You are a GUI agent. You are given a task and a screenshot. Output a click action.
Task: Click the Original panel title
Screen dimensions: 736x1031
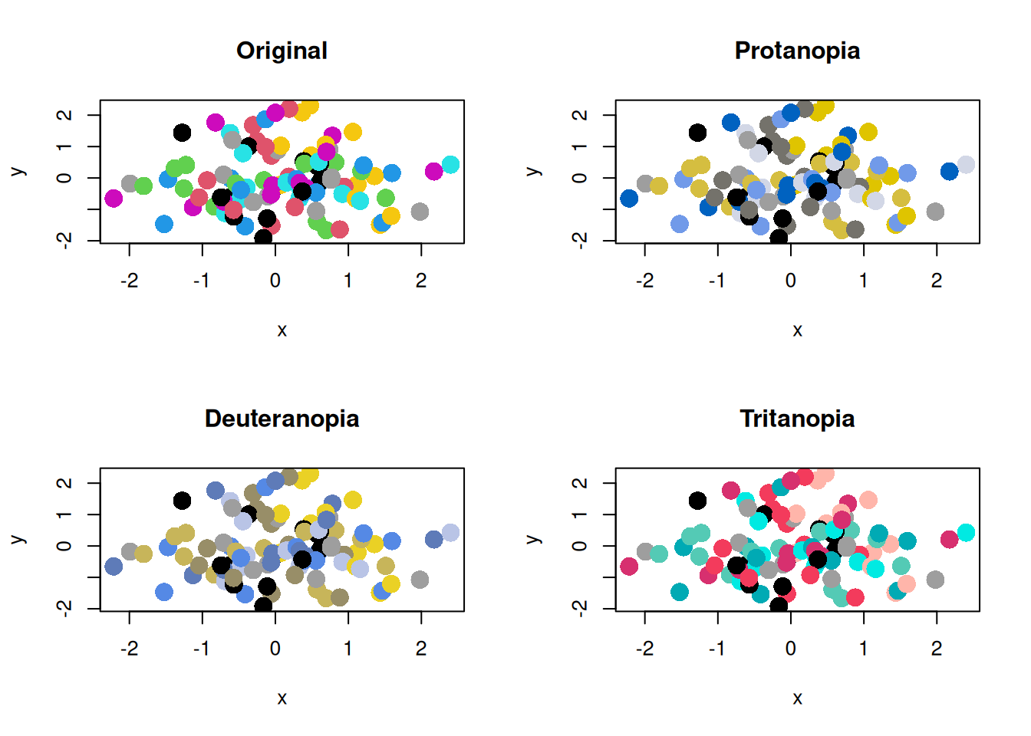282,51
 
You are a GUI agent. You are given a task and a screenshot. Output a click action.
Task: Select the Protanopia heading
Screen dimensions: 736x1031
797,51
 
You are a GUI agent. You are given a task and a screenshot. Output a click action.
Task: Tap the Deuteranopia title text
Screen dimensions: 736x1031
282,419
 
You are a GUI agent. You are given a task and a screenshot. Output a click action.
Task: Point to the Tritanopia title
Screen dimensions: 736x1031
797,419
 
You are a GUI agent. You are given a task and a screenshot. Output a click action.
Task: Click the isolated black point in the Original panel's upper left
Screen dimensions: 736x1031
182,133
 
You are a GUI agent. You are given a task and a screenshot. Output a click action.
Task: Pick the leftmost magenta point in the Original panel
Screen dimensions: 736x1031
114,199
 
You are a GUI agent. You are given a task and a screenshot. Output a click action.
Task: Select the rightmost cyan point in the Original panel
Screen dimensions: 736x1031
450,165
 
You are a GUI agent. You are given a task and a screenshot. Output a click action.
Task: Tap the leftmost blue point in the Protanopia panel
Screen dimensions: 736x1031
629,199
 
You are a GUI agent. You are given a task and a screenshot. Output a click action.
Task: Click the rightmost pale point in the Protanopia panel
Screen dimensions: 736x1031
966,165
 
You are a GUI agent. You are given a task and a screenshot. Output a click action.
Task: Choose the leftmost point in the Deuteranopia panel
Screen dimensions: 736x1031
114,567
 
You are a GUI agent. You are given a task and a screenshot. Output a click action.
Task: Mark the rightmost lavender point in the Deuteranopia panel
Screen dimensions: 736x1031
450,533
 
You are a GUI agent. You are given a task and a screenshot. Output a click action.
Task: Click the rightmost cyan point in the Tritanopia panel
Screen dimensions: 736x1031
966,533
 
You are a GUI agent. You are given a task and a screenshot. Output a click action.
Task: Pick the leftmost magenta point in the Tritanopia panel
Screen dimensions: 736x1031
629,567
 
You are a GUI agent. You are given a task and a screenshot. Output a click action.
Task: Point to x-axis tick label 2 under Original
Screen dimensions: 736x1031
421,281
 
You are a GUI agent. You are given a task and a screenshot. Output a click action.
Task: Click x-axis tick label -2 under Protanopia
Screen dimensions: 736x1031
644,281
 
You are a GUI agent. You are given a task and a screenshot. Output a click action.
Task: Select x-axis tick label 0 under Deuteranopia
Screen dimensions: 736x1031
275,649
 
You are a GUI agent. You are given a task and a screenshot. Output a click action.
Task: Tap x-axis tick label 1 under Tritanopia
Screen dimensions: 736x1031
864,649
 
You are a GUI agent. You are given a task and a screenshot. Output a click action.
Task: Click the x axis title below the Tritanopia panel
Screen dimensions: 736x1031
797,698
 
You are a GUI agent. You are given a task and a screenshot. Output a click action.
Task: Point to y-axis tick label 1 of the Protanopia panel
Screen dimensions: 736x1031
580,146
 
